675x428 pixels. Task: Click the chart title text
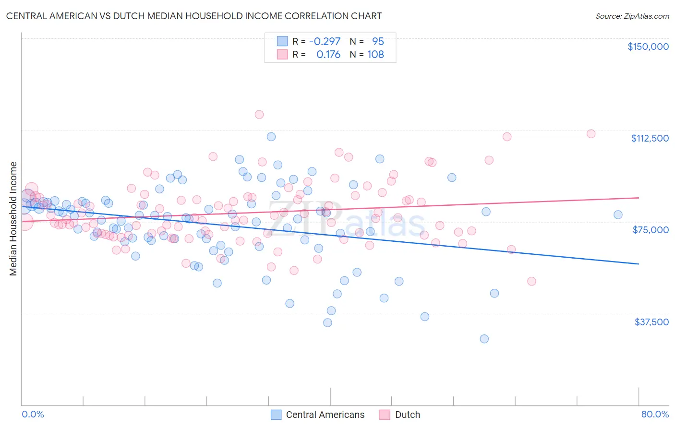coord(194,16)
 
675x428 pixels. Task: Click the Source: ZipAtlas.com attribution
coord(632,16)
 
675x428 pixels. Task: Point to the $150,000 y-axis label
coord(648,47)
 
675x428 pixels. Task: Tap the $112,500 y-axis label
coord(650,138)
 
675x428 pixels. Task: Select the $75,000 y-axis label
coord(651,230)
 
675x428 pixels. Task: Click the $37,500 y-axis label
coord(651,322)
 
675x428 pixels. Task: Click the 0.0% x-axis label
coord(33,414)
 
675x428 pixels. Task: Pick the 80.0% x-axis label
coord(655,414)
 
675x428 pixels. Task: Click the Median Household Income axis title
coord(13,219)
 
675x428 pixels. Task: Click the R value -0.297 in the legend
coord(325,41)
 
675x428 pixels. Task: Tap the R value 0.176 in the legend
coord(328,55)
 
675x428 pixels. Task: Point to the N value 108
coord(375,55)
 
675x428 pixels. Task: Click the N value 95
coord(378,41)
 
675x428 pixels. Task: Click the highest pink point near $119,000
coord(259,114)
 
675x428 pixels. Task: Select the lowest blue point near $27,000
coord(484,339)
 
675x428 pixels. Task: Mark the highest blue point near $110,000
coord(271,137)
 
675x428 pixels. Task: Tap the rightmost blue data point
coord(618,214)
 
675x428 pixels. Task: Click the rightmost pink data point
coord(591,134)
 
